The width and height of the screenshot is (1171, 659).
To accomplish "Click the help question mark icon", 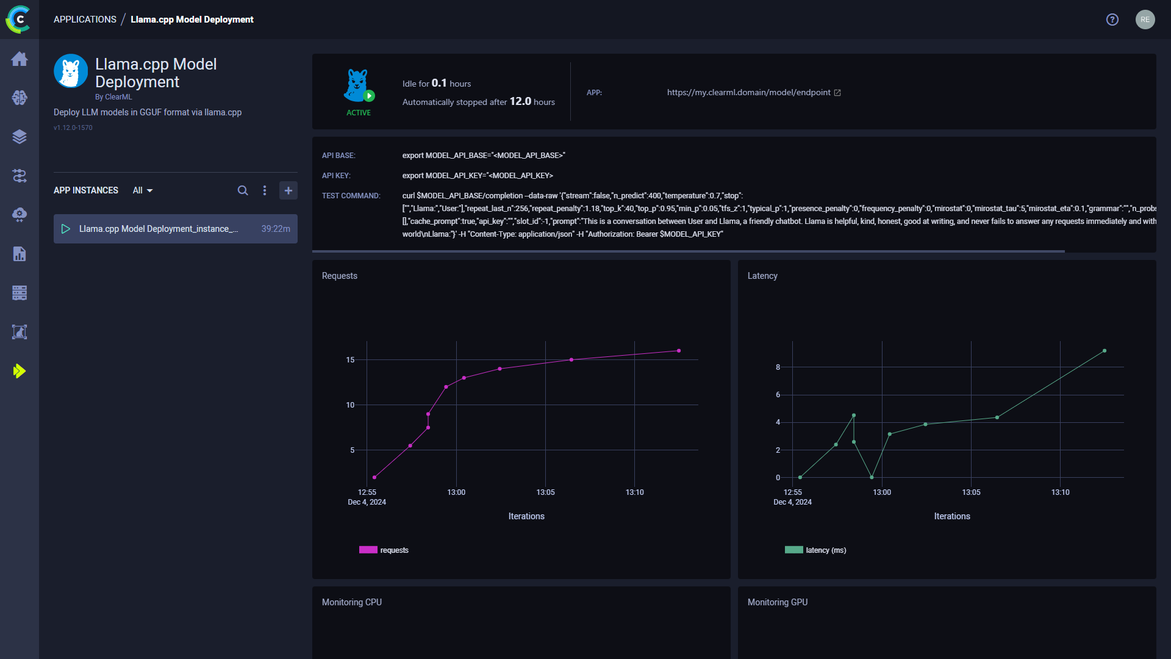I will [x=1112, y=20].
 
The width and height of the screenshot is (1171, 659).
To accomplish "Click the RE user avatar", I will [x=1145, y=20].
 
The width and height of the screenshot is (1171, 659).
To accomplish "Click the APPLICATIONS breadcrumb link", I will [x=85, y=20].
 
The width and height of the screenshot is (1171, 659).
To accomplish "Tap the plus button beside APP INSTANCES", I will [x=288, y=190].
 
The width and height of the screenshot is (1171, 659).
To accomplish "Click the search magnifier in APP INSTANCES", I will [x=243, y=190].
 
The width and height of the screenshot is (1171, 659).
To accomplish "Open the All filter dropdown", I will [x=143, y=190].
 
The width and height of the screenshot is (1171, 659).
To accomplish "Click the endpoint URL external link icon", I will [x=837, y=93].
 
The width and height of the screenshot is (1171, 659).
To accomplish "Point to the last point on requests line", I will [x=679, y=351].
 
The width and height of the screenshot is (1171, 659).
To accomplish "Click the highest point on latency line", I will [x=1105, y=351].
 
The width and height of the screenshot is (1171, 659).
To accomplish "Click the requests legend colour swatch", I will [x=368, y=550].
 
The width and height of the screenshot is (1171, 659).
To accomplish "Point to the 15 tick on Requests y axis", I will [x=350, y=360].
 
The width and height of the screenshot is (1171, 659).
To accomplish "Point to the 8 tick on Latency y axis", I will [x=778, y=367].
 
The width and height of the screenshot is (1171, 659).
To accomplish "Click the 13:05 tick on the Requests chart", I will [x=545, y=492].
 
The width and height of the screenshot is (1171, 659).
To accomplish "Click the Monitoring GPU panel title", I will [x=778, y=602].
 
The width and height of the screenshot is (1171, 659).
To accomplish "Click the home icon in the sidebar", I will [x=20, y=59].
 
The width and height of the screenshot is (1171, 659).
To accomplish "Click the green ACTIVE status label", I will [x=359, y=113].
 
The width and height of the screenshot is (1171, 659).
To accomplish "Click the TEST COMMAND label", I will [x=351, y=196].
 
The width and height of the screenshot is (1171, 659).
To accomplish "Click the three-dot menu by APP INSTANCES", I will [x=265, y=190].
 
